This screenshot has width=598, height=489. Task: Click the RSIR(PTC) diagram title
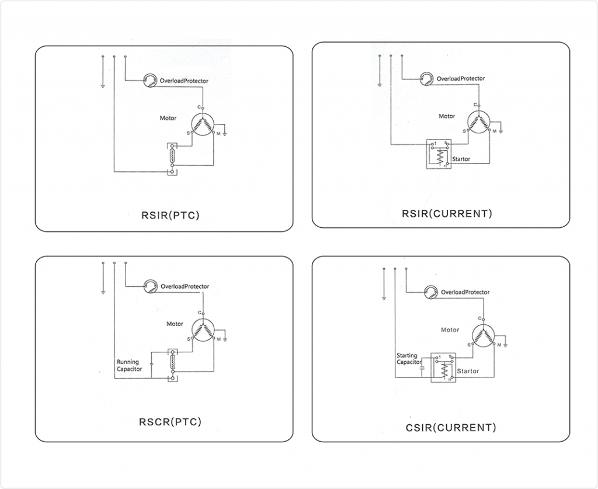(170, 215)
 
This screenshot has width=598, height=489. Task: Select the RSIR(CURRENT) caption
(447, 213)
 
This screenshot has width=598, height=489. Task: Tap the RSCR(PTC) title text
(171, 421)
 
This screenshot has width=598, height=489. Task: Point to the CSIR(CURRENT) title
(451, 427)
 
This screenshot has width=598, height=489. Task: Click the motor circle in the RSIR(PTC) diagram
(203, 124)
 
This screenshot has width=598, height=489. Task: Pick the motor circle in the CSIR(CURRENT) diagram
(484, 335)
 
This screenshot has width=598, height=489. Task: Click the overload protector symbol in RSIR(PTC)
(151, 80)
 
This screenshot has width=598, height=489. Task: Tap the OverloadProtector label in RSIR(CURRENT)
(461, 78)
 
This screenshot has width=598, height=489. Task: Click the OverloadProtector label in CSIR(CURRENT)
(465, 292)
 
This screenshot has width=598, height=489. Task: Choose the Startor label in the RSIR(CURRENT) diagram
(461, 159)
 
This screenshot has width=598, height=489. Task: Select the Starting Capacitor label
(409, 359)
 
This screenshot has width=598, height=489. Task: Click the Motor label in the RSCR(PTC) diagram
(175, 324)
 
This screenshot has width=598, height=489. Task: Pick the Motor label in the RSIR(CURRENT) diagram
(447, 116)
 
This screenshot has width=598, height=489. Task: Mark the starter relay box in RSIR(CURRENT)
(438, 154)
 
